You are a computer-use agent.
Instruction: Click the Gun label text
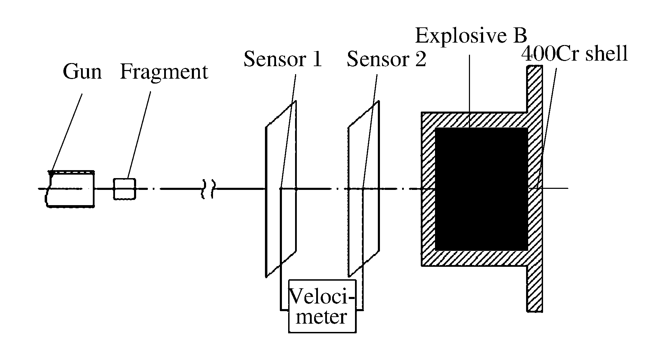[x=82, y=72]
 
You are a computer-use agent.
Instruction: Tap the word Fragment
[x=164, y=72]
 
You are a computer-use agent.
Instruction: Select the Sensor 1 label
[x=283, y=59]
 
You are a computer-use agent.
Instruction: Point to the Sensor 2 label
[x=386, y=59]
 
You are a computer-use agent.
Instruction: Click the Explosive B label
[x=471, y=35]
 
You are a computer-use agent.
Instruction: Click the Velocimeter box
[x=322, y=306]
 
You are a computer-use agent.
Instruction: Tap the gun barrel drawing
[x=71, y=189]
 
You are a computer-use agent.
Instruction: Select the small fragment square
[x=125, y=189]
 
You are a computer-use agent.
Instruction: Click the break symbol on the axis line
[x=208, y=189]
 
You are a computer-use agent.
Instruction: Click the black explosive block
[x=481, y=189]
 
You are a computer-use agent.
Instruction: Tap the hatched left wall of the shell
[x=428, y=189]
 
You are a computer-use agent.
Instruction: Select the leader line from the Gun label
[x=68, y=132]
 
